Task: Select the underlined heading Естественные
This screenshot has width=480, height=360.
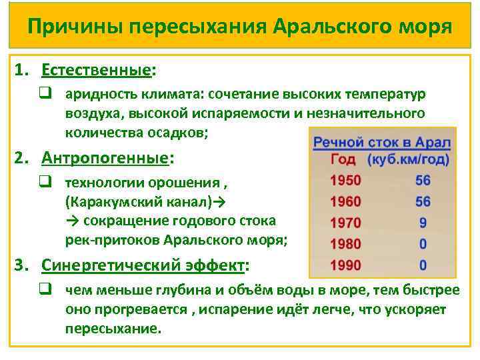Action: [x=96, y=70]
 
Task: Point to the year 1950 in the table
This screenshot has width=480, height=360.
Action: [x=345, y=180]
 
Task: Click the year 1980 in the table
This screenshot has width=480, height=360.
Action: [x=345, y=244]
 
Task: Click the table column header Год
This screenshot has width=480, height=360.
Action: [x=343, y=160]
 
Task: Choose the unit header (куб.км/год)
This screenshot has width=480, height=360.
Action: [x=408, y=160]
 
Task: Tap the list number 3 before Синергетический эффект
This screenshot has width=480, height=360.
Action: [x=21, y=266]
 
